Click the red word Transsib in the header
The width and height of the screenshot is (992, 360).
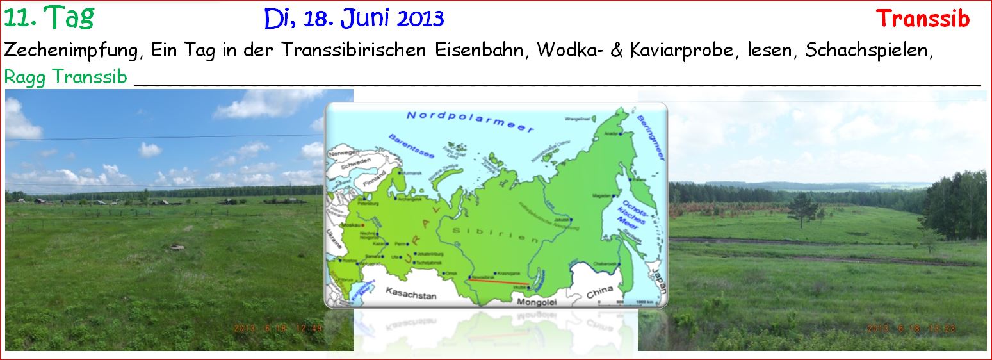[x=922, y=19]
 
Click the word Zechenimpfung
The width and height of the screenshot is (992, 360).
[x=72, y=51]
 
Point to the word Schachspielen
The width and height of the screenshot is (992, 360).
[x=868, y=51]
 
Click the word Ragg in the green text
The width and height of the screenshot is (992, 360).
[x=26, y=78]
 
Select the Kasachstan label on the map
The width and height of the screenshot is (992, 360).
[x=411, y=295]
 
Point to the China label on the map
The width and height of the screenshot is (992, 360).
[x=599, y=291]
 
